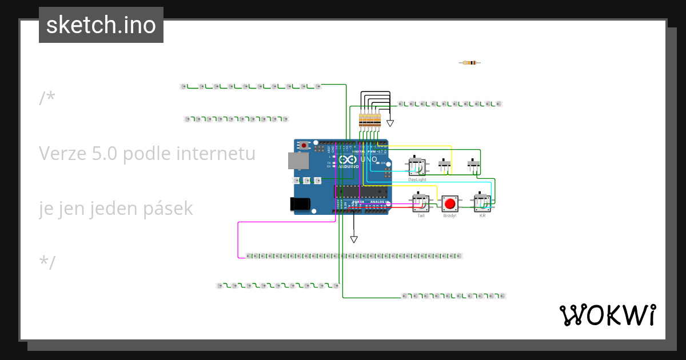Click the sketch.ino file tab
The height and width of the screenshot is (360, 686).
[101, 25]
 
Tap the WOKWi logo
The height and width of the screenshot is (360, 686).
[607, 315]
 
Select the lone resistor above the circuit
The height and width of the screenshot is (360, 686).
[470, 62]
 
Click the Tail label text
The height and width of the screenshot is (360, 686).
[421, 216]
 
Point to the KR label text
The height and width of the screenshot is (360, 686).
[482, 216]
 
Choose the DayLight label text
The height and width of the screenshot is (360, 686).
[417, 179]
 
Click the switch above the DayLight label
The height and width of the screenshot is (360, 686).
[417, 166]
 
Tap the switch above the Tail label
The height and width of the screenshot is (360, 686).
[421, 202]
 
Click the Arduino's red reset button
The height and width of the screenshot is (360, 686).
[304, 146]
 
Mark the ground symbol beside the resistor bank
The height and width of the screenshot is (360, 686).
[390, 123]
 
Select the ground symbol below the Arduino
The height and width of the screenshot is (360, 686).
[354, 239]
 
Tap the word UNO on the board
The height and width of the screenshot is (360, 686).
[369, 159]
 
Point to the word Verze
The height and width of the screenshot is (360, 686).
[60, 153]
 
